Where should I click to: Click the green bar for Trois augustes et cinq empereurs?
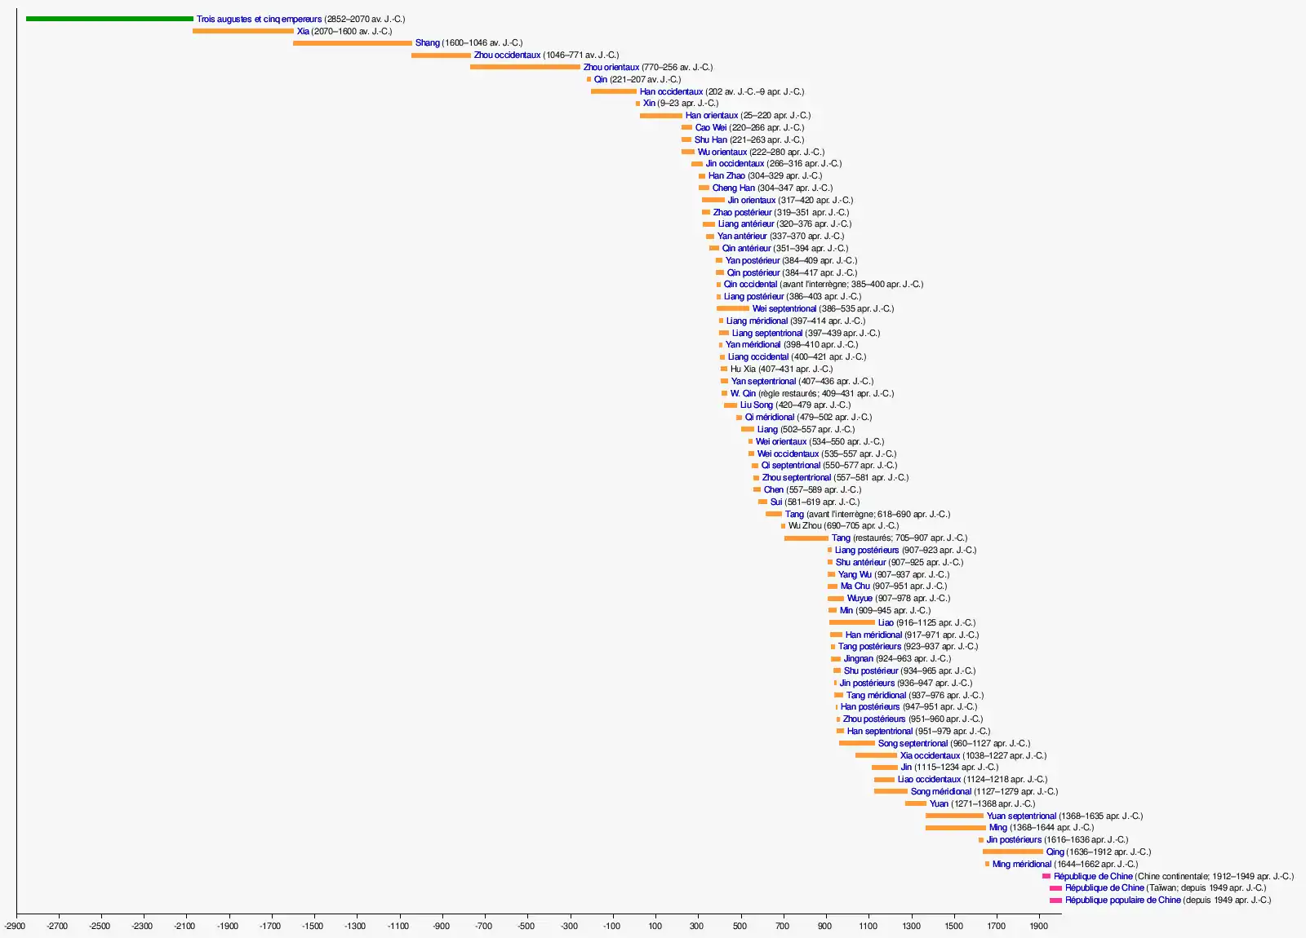tap(109, 19)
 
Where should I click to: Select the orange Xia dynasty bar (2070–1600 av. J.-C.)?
tap(242, 31)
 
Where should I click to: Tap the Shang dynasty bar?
tap(352, 43)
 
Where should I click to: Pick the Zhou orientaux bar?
tap(525, 67)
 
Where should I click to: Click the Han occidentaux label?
tap(671, 91)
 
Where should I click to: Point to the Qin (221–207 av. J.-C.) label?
tap(601, 79)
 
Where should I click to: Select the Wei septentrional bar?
tap(732, 308)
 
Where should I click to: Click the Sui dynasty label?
tap(776, 502)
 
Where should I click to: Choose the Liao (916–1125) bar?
tap(851, 622)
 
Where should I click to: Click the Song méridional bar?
tap(891, 791)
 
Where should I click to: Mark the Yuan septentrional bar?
tap(954, 816)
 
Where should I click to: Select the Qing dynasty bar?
tap(1012, 852)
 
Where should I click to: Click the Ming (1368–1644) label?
tap(998, 828)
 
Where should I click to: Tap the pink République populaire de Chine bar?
tap(1055, 900)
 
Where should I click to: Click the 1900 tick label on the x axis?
tap(1038, 926)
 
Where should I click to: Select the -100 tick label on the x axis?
tap(611, 926)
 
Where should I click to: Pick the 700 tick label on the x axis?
tap(783, 926)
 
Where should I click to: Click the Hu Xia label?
tap(743, 369)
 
